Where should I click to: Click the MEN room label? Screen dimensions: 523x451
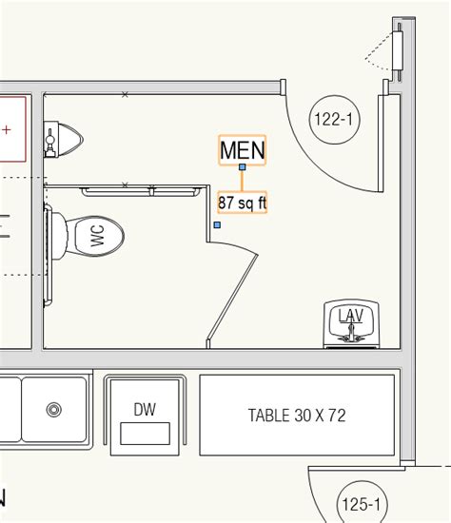pos(242,149)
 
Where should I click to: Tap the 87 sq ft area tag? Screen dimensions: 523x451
pos(242,203)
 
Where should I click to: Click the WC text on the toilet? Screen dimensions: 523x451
pos(98,236)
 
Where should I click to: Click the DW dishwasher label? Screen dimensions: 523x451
pos(145,410)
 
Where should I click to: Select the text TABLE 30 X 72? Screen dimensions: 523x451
pos(296,415)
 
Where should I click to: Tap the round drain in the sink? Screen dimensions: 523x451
pos(54,410)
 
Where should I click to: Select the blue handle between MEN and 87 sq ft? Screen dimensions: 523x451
pos(243,167)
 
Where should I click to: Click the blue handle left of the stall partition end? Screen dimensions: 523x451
pos(218,224)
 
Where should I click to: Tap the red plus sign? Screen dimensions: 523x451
pos(8,128)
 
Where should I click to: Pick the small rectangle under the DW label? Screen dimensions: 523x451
pos(145,434)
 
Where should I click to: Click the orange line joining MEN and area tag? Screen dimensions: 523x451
pos(243,181)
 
